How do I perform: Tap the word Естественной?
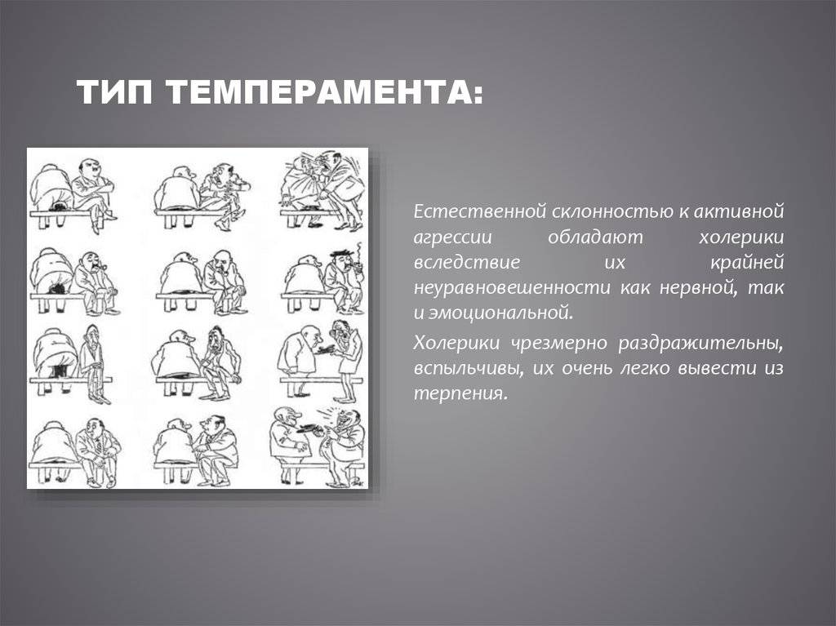point(480,211)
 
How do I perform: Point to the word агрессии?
point(452,238)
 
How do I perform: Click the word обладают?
point(595,237)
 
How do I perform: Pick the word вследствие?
point(466,262)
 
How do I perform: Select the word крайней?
point(748,262)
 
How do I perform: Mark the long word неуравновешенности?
point(513,288)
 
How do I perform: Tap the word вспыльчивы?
point(465,369)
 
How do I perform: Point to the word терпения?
point(459,394)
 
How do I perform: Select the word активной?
point(739,211)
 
